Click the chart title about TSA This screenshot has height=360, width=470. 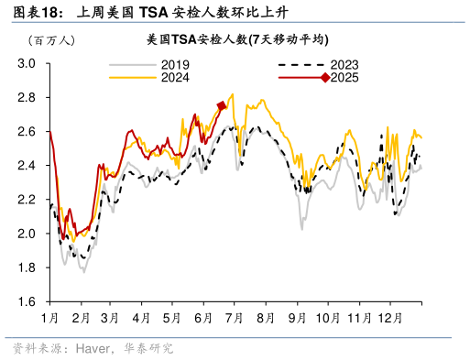[237, 40]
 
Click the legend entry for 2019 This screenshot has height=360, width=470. [175, 65]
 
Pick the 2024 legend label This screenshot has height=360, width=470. [175, 78]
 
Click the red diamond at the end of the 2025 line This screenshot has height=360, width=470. [221, 106]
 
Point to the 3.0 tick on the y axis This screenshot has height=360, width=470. [27, 63]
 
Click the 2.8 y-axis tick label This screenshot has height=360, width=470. [27, 97]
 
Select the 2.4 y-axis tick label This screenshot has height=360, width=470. [27, 166]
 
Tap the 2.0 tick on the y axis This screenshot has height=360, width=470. [27, 234]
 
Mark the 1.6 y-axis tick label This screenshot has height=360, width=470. [27, 301]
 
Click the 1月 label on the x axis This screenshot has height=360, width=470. [50, 317]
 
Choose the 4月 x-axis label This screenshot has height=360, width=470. [142, 317]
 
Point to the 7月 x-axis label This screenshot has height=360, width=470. [235, 317]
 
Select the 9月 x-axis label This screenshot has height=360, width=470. [297, 317]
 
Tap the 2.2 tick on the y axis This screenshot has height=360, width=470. [27, 200]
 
